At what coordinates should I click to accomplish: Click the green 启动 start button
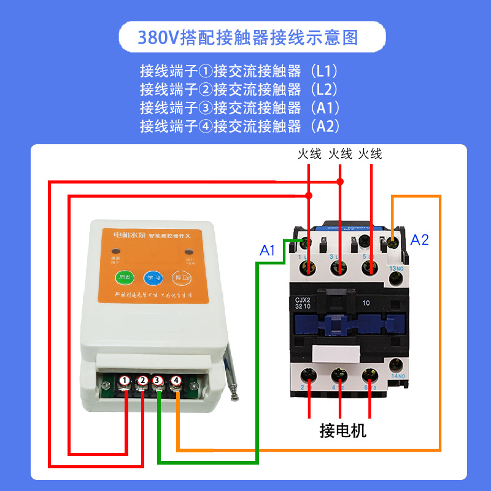pos(125,277)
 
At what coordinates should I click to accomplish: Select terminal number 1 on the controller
pos(125,381)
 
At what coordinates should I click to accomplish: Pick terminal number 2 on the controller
pos(142,381)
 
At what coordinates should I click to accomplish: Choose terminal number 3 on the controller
pos(159,381)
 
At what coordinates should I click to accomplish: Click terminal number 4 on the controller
pos(176,381)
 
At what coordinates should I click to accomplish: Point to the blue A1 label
pos(267,250)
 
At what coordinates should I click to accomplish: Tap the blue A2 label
pos(420,240)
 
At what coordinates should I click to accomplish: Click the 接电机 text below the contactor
pos(342,430)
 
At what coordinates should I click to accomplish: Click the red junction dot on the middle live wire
pos(340,182)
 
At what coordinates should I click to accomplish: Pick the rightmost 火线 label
pos(370,153)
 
